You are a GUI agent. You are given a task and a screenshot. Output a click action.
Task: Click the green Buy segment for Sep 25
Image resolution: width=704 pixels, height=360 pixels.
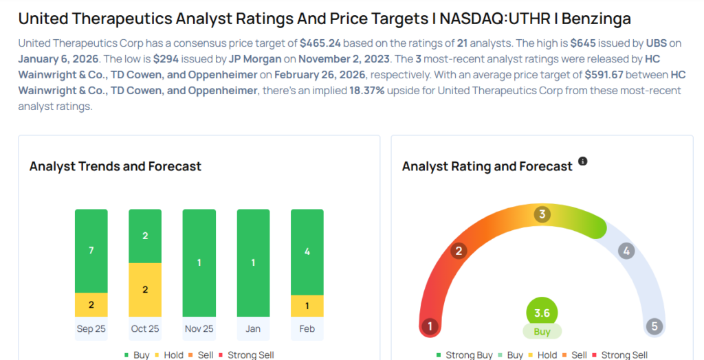click(91, 251)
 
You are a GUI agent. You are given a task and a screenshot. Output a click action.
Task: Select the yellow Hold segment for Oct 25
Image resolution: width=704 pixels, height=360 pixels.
click(145, 289)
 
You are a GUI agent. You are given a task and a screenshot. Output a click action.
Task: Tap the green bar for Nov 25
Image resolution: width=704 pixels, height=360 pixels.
click(199, 262)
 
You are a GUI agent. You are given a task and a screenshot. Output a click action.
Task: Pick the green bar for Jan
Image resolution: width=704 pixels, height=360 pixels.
click(253, 262)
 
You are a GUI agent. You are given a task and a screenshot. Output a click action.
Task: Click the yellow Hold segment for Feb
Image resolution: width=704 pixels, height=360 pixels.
click(307, 306)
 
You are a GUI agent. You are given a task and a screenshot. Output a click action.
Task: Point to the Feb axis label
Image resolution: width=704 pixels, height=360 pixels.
click(307, 328)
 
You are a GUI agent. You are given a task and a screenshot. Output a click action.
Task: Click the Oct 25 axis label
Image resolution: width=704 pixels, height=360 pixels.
click(145, 328)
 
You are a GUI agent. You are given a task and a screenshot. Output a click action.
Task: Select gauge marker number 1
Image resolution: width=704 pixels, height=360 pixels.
click(430, 326)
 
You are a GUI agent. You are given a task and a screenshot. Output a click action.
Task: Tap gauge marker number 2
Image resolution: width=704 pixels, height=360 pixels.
click(459, 251)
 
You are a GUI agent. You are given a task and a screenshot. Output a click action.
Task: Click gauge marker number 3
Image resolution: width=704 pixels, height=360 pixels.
click(542, 214)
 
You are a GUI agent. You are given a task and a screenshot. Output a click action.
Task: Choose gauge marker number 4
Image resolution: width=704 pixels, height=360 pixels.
click(626, 251)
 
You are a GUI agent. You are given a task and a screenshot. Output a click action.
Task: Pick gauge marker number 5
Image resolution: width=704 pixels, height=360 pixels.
click(654, 326)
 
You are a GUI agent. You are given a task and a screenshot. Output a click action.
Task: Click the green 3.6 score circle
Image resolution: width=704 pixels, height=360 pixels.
click(542, 313)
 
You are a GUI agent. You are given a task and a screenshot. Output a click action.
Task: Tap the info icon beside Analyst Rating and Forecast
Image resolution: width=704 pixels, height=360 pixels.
click(583, 161)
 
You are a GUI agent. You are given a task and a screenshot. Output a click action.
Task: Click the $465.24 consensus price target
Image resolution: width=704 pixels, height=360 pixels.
click(321, 43)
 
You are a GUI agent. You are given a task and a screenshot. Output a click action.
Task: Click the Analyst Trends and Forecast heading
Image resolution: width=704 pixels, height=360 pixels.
click(115, 166)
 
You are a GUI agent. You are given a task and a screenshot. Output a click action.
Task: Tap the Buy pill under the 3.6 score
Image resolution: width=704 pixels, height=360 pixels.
click(542, 332)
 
